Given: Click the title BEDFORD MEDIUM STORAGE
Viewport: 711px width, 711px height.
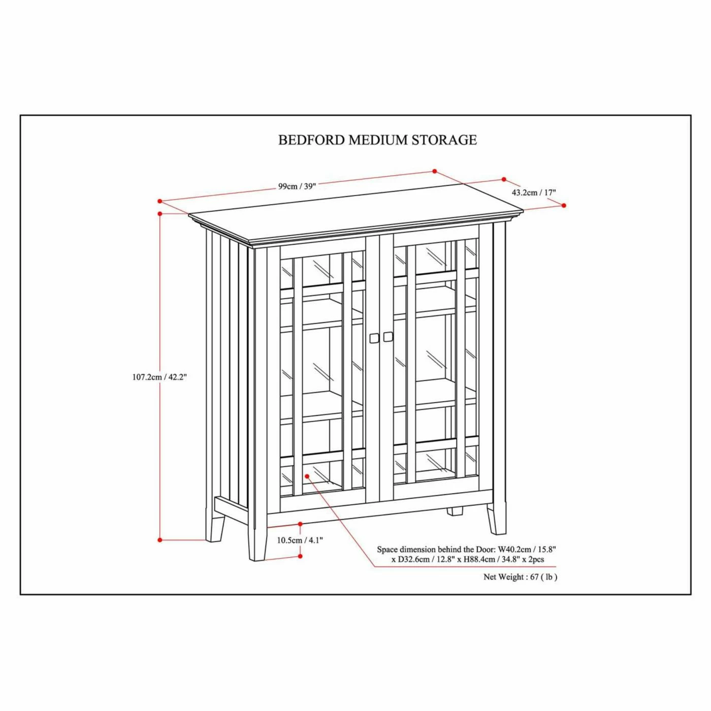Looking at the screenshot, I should pos(377,140).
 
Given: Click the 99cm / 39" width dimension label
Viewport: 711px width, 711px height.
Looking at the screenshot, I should pos(297,186).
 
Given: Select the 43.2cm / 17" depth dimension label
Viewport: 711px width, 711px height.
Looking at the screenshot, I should pos(533,192).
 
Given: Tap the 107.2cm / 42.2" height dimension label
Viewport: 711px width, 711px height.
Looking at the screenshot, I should pos(159,377).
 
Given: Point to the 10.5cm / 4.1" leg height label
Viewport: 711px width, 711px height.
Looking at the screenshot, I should pos(300,540).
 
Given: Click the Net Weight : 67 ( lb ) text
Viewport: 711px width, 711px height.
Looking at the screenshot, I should pos(520,577).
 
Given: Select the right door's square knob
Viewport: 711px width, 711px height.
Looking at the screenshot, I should pos(388,337).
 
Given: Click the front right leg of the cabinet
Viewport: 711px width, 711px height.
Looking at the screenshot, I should pos(497,519).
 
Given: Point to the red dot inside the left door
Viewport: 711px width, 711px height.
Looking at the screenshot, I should pos(307,476).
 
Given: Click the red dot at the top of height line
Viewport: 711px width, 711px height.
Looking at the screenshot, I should pos(160,214).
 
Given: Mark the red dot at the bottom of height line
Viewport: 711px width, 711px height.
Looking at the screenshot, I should pos(160,540).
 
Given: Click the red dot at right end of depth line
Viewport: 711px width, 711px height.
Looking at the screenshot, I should pos(564,205).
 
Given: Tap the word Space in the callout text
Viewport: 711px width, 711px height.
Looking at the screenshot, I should pos(387,550).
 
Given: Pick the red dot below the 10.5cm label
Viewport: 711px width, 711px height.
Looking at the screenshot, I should pos(300,556).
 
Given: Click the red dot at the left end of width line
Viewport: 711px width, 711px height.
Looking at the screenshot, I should pos(159,201).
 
